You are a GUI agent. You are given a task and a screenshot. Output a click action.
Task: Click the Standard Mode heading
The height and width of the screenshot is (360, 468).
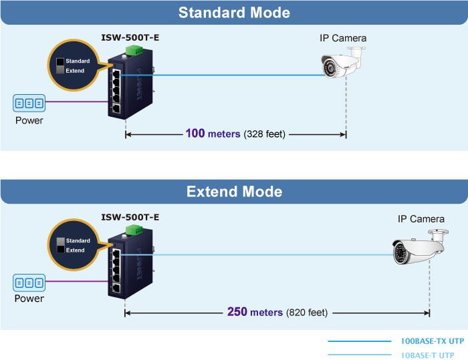[x=234, y=13]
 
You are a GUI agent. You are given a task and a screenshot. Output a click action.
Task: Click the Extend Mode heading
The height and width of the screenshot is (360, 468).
[x=234, y=192]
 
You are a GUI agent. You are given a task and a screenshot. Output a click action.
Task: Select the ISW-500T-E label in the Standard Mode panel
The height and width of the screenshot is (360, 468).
[x=131, y=37]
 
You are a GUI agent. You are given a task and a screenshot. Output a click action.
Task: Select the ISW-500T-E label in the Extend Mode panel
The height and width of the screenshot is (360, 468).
[x=130, y=217]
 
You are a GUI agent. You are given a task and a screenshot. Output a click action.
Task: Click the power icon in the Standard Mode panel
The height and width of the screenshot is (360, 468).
[x=29, y=103]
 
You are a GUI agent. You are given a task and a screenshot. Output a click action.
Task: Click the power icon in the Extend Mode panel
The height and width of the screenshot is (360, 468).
[x=29, y=282]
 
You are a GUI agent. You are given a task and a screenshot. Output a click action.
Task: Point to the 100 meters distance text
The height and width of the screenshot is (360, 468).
[x=213, y=134]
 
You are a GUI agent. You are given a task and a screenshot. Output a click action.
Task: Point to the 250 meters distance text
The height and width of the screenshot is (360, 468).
[x=255, y=312]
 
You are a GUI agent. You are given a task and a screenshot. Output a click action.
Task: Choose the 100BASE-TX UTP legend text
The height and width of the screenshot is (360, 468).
[x=431, y=341]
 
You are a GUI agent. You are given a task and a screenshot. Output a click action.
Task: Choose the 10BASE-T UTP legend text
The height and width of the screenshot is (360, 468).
[x=431, y=355]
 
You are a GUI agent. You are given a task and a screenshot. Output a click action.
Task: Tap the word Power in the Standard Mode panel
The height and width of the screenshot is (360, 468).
[x=29, y=121]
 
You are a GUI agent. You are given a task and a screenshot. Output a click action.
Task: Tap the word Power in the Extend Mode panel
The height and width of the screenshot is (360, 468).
[x=29, y=299]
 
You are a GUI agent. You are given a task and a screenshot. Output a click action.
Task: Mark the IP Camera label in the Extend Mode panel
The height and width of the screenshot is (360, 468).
[x=421, y=219]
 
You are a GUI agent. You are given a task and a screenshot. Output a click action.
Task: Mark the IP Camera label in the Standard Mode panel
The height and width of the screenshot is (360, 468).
[x=342, y=38]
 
